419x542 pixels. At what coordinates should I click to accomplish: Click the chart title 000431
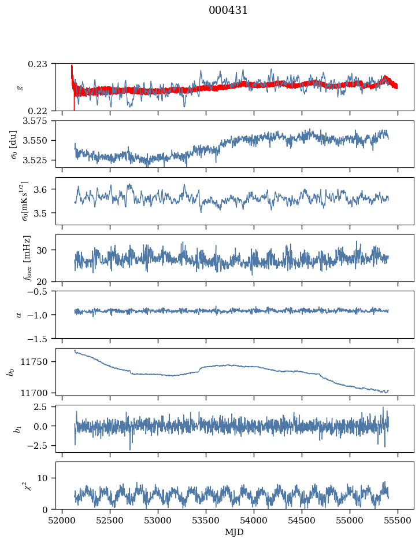point(228,10)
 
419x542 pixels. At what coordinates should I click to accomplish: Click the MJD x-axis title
point(235,532)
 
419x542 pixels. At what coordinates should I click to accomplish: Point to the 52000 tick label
point(62,520)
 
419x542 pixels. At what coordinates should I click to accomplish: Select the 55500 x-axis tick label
point(398,520)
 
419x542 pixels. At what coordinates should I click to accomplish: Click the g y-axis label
point(20,87)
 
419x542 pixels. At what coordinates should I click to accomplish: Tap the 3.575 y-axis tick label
point(40,120)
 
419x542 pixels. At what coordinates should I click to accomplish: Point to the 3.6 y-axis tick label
point(46,189)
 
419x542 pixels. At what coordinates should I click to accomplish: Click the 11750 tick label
point(40,362)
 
